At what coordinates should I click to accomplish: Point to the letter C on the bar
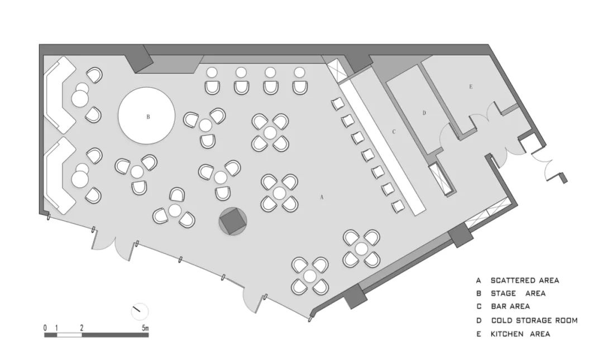coord(394,132)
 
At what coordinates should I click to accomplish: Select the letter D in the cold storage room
coord(424,113)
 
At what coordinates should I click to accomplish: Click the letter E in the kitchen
coord(471,87)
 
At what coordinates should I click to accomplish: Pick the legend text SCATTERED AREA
coord(524,280)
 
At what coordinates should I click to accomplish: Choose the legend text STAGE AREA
coord(518,293)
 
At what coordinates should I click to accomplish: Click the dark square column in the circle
coord(232,222)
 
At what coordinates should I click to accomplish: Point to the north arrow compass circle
coord(140,311)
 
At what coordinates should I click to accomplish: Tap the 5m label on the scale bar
coord(145,328)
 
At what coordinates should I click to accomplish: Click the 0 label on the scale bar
coord(45,328)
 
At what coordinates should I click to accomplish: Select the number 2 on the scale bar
coord(82,328)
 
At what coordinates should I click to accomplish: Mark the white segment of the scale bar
coord(70,335)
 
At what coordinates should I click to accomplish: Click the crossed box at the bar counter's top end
coord(337,70)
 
